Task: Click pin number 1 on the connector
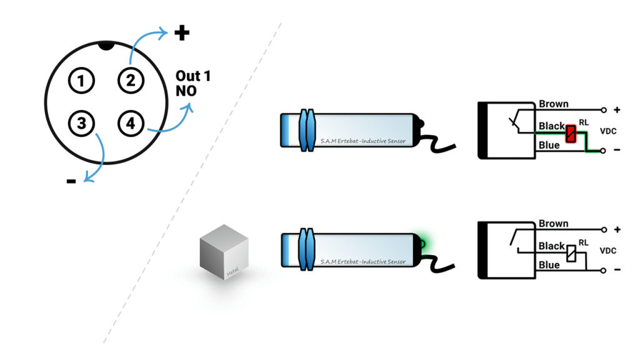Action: [81, 80]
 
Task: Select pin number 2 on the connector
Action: [130, 80]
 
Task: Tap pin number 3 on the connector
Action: [81, 123]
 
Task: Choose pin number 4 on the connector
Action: [130, 123]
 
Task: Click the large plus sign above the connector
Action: [181, 32]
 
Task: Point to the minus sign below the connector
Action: [71, 181]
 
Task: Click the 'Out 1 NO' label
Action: [192, 83]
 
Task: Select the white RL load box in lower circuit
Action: [571, 254]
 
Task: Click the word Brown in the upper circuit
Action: [553, 104]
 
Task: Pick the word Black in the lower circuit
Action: [551, 246]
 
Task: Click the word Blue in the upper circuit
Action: [549, 146]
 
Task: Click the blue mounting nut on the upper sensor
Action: [306, 130]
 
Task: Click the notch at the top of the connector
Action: [106, 46]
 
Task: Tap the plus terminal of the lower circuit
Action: [604, 230]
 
